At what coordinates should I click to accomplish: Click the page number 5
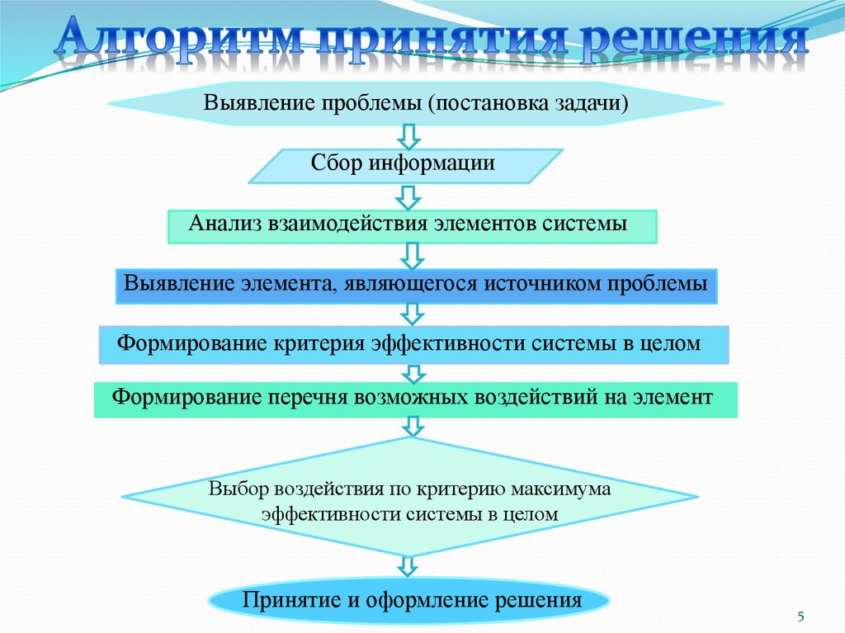[800, 617]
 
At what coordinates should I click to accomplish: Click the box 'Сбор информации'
[404, 165]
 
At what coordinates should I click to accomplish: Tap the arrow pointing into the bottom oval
[408, 568]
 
